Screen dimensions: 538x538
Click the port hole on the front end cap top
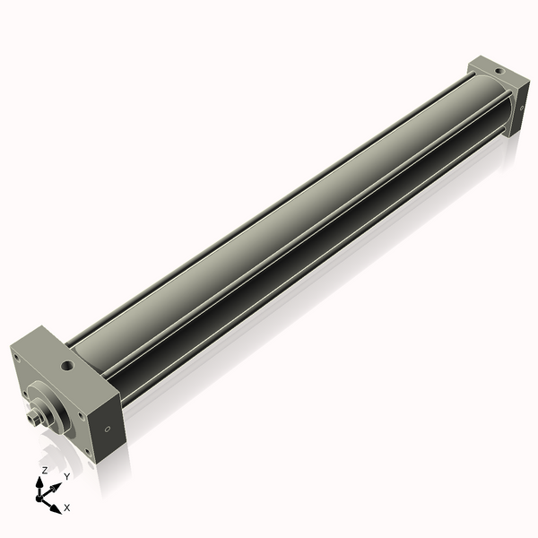pos(67,366)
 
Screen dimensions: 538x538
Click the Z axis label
pos(45,470)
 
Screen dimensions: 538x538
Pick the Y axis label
pos(66,476)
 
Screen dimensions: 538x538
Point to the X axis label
pos(67,508)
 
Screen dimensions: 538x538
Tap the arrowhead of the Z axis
pos(40,482)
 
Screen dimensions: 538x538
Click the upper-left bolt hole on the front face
pos(17,357)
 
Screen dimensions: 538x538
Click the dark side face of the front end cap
pos(107,426)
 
